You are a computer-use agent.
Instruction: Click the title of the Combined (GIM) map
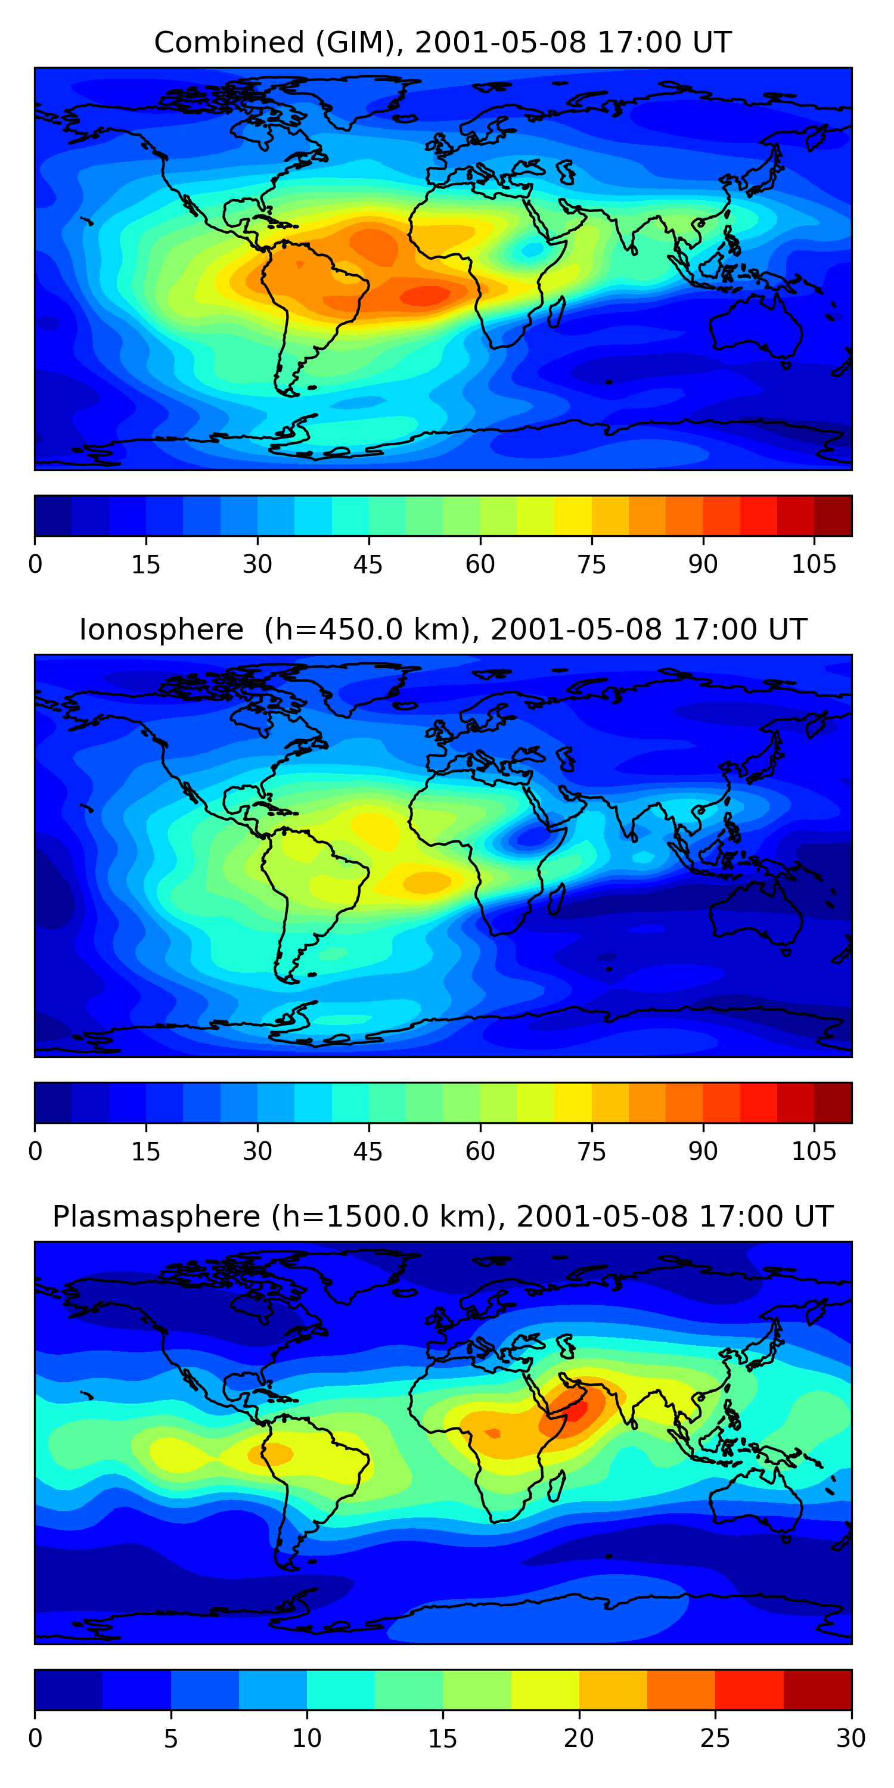(443, 42)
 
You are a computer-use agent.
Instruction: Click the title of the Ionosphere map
(443, 629)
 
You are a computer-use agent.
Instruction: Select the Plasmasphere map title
(443, 1217)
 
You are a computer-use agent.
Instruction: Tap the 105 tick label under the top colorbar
(814, 564)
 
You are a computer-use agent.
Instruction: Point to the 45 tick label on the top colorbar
(368, 564)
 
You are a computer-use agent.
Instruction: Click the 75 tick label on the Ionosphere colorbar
(591, 1151)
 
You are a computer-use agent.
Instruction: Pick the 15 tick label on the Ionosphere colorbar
(146, 1151)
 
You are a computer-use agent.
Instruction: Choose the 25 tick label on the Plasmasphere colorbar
(715, 1739)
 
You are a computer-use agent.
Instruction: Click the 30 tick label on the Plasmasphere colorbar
(851, 1739)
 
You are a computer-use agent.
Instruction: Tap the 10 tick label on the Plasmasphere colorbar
(307, 1739)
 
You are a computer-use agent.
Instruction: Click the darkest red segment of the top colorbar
(833, 516)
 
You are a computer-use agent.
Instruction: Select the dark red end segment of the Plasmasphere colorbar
(818, 1690)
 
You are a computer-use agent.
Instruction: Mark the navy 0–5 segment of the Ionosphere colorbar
(53, 1103)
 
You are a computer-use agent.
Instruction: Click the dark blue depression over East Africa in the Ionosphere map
(531, 838)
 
